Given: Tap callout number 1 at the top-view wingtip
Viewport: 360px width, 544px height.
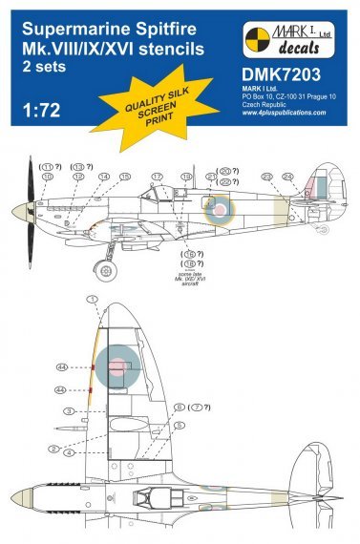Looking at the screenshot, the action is coord(93,299).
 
